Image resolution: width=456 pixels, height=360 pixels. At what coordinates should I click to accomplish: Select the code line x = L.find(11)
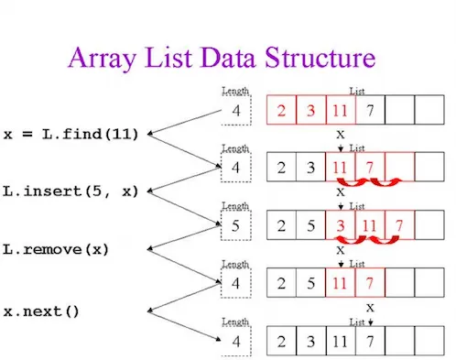click(x=71, y=135)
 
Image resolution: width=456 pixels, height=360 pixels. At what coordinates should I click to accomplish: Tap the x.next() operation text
click(x=42, y=310)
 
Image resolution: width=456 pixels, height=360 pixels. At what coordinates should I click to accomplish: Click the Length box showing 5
click(x=235, y=225)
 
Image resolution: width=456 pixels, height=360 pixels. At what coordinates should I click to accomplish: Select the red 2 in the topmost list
click(x=280, y=112)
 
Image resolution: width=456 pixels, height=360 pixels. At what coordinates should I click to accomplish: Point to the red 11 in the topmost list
click(x=341, y=112)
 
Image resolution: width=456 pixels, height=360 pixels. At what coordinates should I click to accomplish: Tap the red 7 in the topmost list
click(x=371, y=112)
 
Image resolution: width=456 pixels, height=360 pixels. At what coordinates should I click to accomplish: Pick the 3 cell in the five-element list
click(x=341, y=225)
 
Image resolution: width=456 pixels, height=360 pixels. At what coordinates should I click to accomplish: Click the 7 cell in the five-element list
click(x=401, y=225)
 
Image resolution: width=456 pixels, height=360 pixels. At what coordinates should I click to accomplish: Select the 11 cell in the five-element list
click(x=371, y=225)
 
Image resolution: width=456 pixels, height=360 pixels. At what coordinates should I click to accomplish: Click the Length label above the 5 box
click(x=235, y=206)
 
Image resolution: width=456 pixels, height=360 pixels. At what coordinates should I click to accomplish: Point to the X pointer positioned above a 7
click(x=371, y=307)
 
